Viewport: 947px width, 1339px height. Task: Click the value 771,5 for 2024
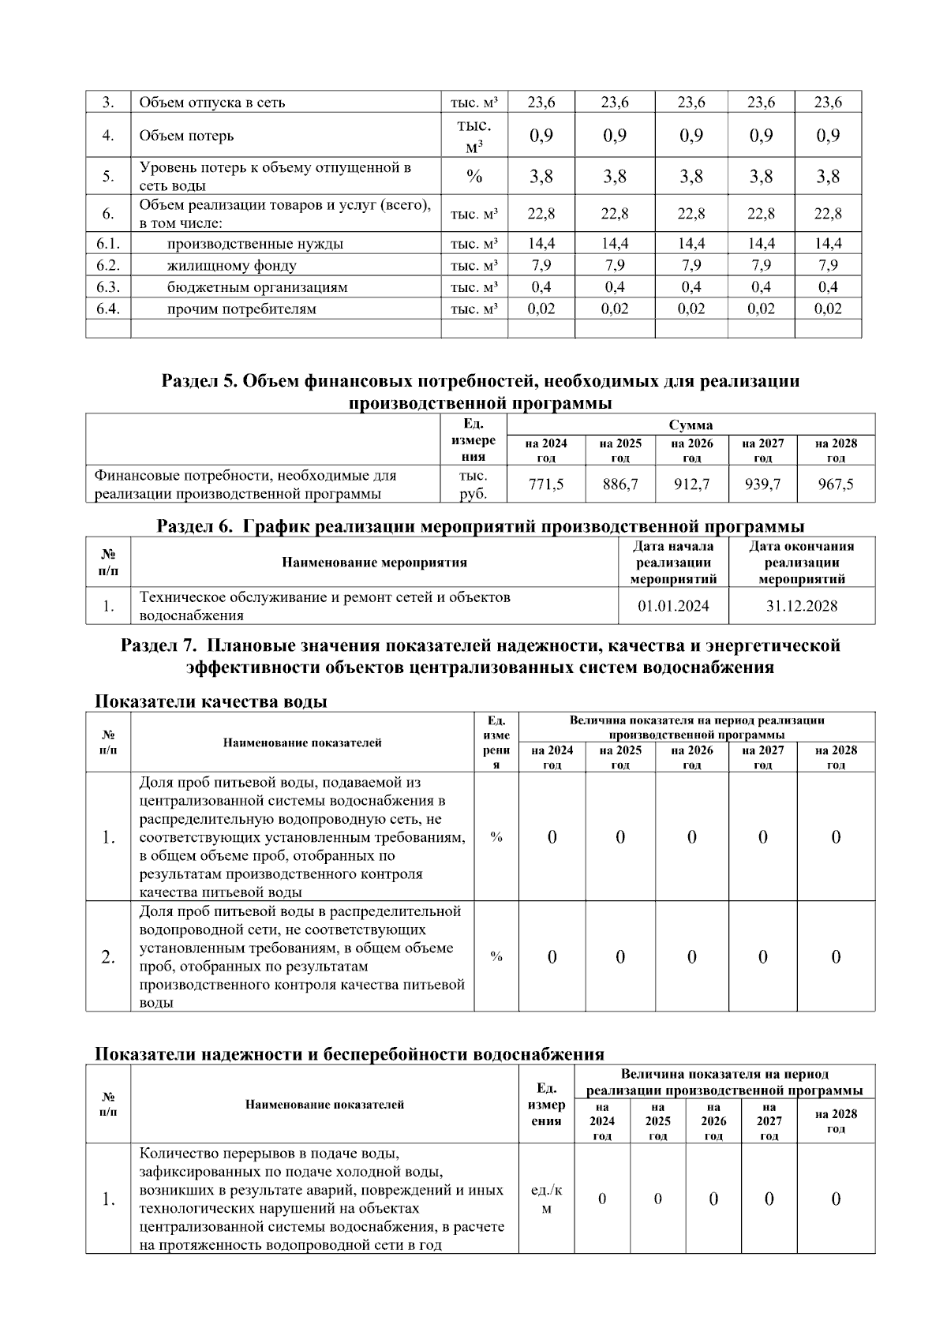[546, 484]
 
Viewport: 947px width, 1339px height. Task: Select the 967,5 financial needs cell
[836, 484]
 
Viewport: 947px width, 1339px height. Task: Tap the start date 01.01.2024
[673, 606]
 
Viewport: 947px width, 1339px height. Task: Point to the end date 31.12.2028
[801, 606]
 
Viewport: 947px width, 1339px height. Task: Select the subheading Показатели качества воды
[211, 701]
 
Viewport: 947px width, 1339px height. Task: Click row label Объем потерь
[186, 136]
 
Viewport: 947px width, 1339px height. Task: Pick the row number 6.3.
[108, 287]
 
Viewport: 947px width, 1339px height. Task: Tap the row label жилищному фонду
[232, 265]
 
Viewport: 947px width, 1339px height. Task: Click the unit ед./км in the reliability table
[546, 1199]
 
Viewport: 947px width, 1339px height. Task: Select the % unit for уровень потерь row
[473, 177]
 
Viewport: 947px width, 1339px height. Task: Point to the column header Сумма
[691, 425]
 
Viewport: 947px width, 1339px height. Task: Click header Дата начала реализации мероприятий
[673, 563]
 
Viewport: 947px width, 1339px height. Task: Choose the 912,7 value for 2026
[691, 484]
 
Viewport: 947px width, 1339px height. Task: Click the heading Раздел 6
[480, 526]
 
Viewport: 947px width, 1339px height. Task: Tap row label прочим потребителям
[241, 309]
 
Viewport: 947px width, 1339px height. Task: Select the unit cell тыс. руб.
[473, 484]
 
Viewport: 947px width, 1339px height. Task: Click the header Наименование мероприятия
[374, 563]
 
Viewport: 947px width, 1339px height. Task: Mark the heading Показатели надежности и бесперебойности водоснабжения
[350, 1054]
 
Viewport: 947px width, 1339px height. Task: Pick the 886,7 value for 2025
[620, 484]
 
